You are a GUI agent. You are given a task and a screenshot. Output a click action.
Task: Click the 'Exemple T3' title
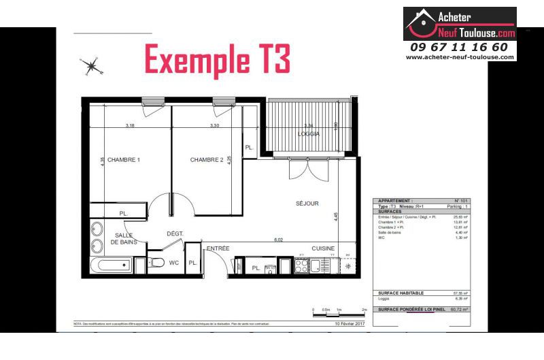[218, 60]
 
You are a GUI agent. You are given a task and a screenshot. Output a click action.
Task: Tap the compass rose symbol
[91, 66]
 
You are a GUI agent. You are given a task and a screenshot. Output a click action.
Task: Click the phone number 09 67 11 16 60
[459, 47]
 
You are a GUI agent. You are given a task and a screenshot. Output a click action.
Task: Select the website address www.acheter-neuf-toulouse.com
[460, 57]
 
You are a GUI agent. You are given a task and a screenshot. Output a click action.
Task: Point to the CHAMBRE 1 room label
[124, 160]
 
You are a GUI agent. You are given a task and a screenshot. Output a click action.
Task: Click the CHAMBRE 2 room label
[207, 160]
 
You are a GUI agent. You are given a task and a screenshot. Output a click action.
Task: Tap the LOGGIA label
[308, 134]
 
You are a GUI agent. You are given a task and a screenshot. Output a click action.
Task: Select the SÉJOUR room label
[307, 203]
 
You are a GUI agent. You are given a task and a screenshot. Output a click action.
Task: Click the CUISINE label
[323, 248]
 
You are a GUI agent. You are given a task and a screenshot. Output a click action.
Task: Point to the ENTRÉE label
[218, 248]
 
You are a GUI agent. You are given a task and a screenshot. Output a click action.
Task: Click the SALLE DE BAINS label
[124, 238]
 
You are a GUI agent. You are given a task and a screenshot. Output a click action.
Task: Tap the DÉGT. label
[175, 233]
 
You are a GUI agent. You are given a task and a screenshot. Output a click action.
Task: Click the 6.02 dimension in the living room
[278, 240]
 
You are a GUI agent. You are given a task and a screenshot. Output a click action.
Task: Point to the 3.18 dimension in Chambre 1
[130, 125]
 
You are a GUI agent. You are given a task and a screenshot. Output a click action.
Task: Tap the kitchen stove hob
[302, 266]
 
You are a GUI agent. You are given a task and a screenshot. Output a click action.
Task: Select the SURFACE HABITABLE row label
[401, 293]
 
